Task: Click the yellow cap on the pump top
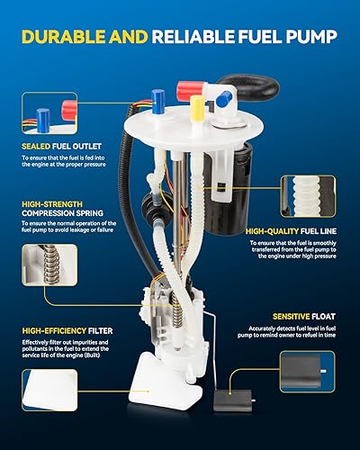point(197,107)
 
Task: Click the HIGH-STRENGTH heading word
point(51,203)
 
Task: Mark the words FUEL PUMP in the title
point(293,36)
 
